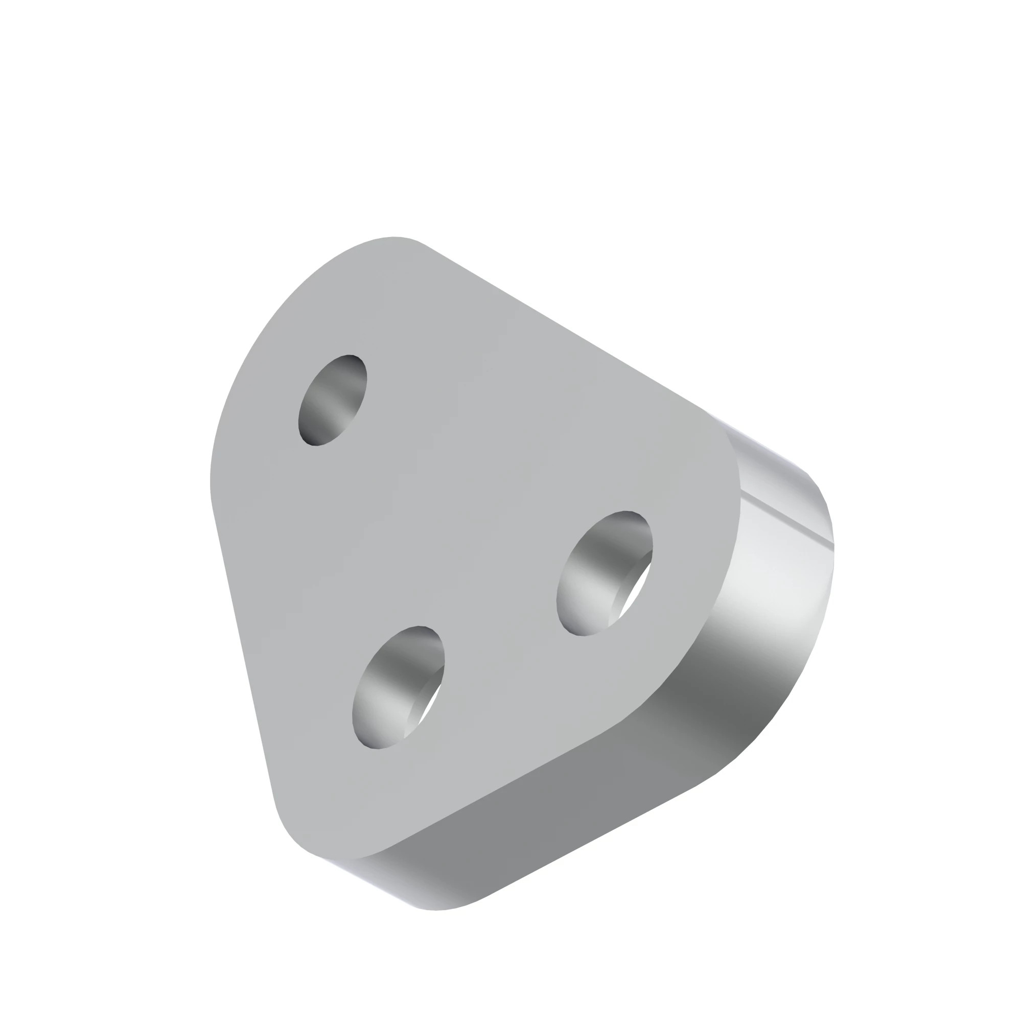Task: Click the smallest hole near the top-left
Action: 333,401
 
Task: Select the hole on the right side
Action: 604,573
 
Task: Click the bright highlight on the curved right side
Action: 783,582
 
